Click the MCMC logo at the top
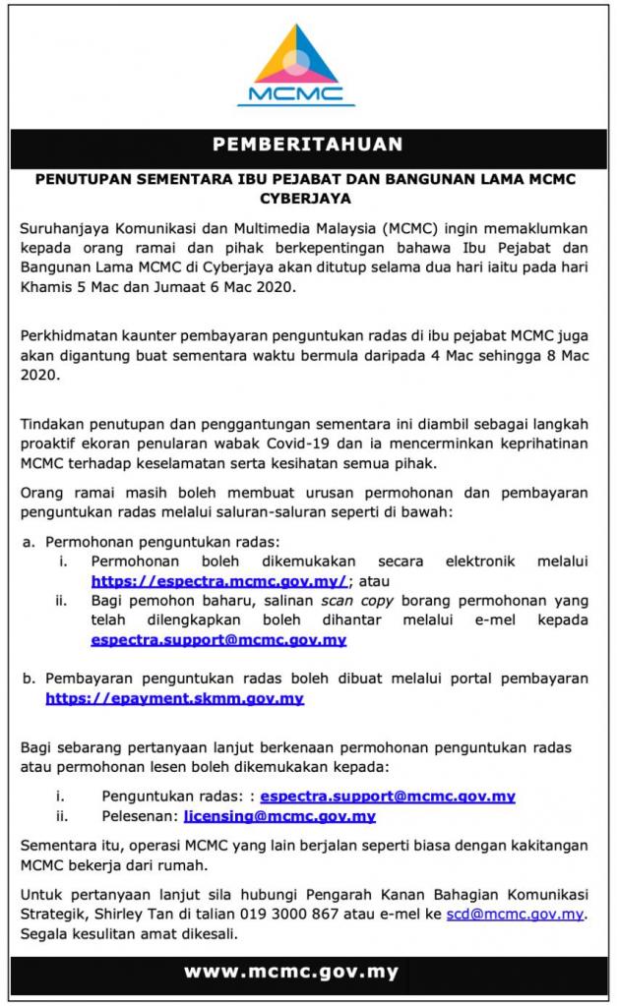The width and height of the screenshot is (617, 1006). pos(296,63)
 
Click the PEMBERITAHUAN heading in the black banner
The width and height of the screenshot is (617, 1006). pos(308,145)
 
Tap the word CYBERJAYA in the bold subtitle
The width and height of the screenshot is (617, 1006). pos(307,198)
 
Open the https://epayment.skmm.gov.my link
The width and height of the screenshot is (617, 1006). pos(174,698)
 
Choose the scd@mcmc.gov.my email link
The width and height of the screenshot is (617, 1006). pos(515,914)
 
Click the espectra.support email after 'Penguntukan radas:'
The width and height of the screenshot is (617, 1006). pos(388,796)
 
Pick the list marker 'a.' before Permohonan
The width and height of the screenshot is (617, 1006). pos(29,542)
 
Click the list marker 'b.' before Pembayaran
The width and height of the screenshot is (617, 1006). pos(29,679)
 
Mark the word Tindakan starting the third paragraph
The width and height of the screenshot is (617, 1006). pos(55,423)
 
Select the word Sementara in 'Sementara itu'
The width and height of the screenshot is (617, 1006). pos(63,845)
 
